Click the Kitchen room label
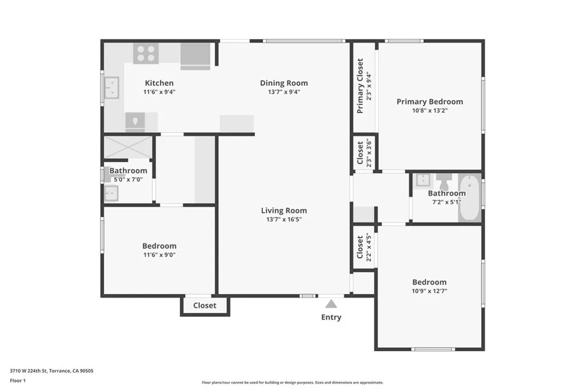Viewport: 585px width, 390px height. click(x=159, y=83)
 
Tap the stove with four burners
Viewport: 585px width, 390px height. click(x=146, y=54)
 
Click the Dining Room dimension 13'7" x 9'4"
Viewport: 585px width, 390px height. click(x=284, y=91)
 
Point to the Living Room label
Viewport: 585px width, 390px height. click(x=284, y=210)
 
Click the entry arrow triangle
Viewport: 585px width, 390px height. click(x=331, y=304)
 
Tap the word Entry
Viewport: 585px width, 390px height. click(x=331, y=317)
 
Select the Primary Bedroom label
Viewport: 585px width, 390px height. click(x=430, y=102)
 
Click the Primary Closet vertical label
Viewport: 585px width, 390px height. click(x=360, y=86)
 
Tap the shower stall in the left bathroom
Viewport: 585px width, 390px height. click(x=127, y=147)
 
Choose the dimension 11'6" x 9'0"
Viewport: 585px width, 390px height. click(x=159, y=255)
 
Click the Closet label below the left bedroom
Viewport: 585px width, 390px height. click(x=205, y=305)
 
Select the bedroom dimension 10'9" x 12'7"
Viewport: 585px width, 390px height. click(x=430, y=291)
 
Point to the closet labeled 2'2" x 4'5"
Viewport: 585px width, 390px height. click(x=363, y=247)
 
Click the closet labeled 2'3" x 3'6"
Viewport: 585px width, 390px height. click(x=363, y=153)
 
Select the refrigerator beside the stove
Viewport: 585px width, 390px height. click(x=195, y=55)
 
